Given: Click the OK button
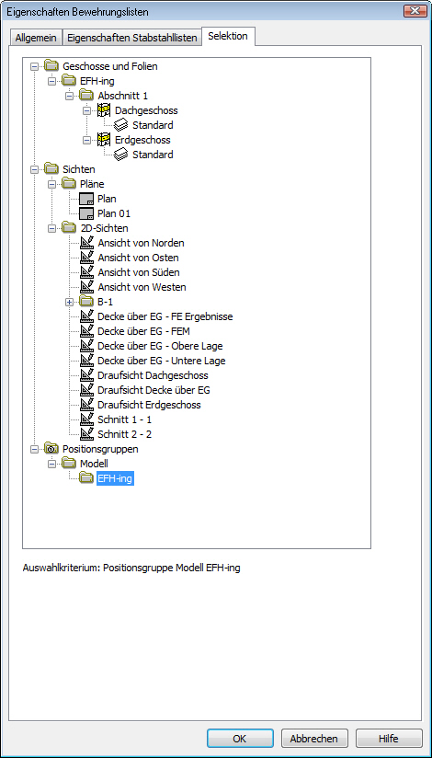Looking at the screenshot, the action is click(x=240, y=738).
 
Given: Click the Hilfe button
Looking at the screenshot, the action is click(x=389, y=738).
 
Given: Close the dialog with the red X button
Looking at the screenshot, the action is click(x=415, y=11).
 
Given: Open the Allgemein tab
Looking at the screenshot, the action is click(x=36, y=38).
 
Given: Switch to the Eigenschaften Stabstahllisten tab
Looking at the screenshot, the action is click(x=132, y=38).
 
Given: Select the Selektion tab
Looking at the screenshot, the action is click(x=228, y=36).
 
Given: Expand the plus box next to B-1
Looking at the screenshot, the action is click(x=69, y=302).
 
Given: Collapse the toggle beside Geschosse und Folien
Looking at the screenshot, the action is click(x=34, y=66).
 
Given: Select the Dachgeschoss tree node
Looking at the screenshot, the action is click(x=146, y=110).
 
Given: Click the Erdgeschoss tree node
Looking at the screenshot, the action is click(x=142, y=140).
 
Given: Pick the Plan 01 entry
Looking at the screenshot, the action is click(x=114, y=213).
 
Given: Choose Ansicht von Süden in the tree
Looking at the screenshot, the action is click(x=138, y=272).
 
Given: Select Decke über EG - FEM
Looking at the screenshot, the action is click(x=142, y=331).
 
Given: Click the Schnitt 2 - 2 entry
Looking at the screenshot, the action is click(x=125, y=434).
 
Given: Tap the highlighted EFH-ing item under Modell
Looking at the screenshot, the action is click(x=115, y=479).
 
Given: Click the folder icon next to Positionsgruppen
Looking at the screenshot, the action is click(x=51, y=449).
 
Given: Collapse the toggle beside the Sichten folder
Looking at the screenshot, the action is click(x=34, y=169).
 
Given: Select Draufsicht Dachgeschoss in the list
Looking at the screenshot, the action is click(x=153, y=375).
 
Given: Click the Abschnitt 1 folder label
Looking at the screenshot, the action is click(x=123, y=96).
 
